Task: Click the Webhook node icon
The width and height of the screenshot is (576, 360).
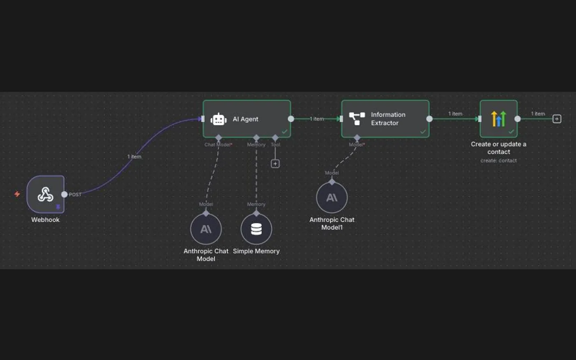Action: coord(46,194)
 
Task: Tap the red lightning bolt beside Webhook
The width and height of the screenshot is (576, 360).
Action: coord(17,194)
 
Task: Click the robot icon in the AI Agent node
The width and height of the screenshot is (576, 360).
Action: coord(218,119)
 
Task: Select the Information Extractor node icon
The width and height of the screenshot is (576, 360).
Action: coord(357,119)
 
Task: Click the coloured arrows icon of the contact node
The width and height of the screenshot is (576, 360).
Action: coord(499,119)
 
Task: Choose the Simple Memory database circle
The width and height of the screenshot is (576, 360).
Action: coord(256,229)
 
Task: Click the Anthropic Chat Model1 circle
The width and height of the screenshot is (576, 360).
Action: coord(332,197)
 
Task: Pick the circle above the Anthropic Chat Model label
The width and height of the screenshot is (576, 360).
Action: coord(206,229)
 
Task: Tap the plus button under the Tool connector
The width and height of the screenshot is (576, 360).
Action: coord(275,164)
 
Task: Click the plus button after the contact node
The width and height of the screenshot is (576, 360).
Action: coord(557,119)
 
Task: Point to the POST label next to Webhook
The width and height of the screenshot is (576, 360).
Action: coord(75,195)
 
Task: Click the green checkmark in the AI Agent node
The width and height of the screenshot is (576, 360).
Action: coord(284,131)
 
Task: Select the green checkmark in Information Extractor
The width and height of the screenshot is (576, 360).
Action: coord(423,132)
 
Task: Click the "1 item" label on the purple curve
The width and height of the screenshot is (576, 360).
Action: coord(134,157)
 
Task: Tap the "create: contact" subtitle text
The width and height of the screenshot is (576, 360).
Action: coord(499,160)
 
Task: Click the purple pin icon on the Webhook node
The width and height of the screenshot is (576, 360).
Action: coord(58,207)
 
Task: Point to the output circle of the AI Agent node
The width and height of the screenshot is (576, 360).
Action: coord(291,119)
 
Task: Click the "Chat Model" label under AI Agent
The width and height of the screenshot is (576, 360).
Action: coord(218,144)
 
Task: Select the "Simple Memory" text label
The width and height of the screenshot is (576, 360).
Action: coord(256,251)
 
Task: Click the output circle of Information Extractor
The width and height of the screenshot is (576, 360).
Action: coord(430,119)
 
